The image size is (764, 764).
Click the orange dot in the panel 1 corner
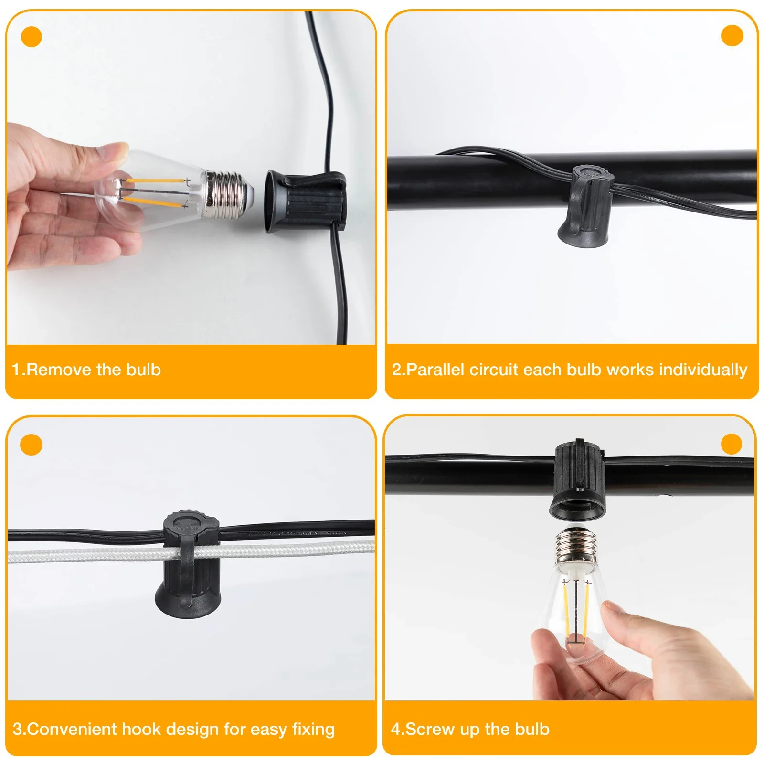coord(32,37)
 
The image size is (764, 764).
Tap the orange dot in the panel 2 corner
coord(732,36)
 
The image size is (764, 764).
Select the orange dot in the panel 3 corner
coord(32,445)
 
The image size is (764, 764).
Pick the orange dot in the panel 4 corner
coord(732,444)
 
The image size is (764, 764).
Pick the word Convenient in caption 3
coord(72,729)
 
